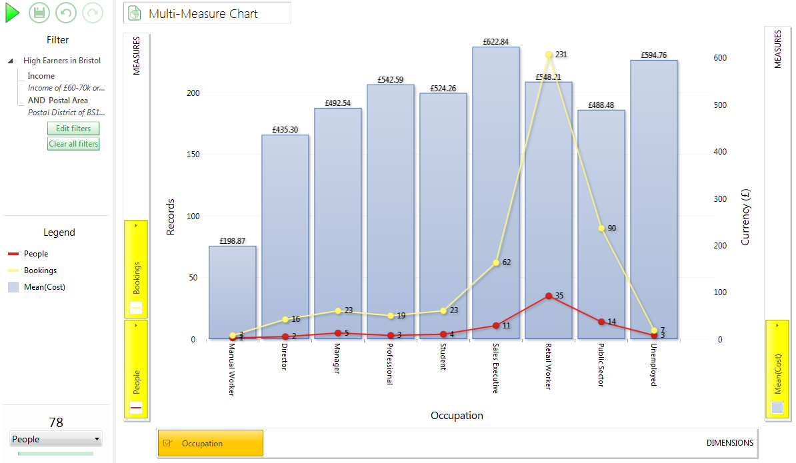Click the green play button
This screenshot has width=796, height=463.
pyautogui.click(x=12, y=13)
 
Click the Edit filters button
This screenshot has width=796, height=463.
pyautogui.click(x=73, y=129)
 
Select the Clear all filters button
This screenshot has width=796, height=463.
pyautogui.click(x=73, y=144)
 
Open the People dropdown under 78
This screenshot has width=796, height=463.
pyautogui.click(x=56, y=439)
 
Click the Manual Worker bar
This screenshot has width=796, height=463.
pyautogui.click(x=233, y=292)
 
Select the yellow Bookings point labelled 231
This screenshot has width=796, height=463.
pyautogui.click(x=549, y=55)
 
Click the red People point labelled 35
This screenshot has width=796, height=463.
pyautogui.click(x=549, y=296)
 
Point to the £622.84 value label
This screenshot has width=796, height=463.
pyautogui.click(x=495, y=41)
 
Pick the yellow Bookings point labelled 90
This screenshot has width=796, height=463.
pyautogui.click(x=601, y=229)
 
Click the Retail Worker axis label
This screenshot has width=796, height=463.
pyautogui.click(x=548, y=366)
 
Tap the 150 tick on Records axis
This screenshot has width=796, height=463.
pyautogui.click(x=193, y=154)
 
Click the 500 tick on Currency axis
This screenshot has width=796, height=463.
pyautogui.click(x=720, y=105)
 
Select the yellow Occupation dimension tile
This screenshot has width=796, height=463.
pyautogui.click(x=211, y=443)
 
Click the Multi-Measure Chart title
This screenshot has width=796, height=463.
pyautogui.click(x=203, y=14)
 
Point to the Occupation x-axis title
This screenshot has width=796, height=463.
pyautogui.click(x=457, y=415)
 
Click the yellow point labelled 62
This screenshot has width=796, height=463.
pyautogui.click(x=496, y=262)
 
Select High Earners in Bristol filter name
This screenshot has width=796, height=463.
pyautogui.click(x=62, y=61)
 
